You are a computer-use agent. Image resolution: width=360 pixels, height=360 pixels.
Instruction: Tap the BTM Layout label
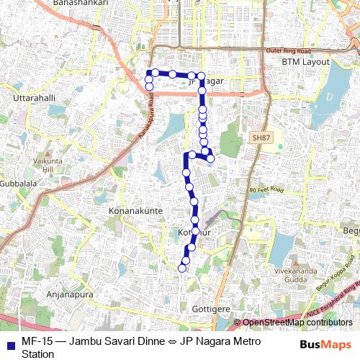point(305,62)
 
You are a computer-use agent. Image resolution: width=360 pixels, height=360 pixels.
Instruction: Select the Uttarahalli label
point(34,96)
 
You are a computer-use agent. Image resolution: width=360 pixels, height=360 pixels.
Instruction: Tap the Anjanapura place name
point(45,294)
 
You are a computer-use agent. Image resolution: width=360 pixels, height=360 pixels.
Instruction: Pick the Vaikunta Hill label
point(53,163)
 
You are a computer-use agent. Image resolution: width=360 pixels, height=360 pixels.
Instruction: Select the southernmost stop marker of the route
point(182,268)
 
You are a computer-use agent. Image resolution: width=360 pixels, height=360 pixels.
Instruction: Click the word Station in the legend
point(38,354)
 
